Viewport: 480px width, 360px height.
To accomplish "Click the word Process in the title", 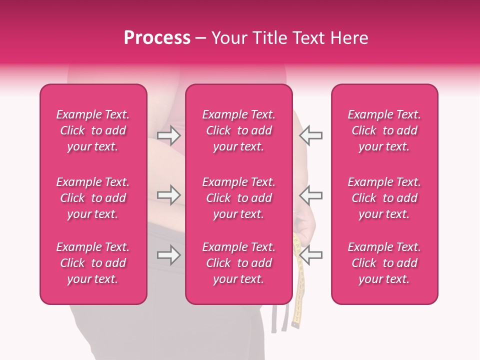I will coord(157,38).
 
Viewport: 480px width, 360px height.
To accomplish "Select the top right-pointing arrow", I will coord(169,135).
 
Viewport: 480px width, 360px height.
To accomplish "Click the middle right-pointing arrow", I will coord(169,194).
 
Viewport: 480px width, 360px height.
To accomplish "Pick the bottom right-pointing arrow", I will coord(169,255).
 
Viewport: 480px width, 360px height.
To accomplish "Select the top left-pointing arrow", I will coord(310,135).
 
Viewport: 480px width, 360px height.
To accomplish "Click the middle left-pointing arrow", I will coord(310,194).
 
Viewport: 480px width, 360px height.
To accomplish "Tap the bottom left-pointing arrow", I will coord(310,255).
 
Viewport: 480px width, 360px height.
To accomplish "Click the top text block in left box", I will coord(93,130).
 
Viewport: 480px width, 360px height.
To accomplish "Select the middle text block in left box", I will coord(93,198).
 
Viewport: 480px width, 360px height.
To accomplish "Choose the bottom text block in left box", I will coord(93,263).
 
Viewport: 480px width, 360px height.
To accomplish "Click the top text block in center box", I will coord(239,130).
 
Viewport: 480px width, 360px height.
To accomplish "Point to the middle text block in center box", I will coord(239,198).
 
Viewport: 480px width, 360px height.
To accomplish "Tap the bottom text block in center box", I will coord(239,263).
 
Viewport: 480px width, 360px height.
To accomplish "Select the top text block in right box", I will coord(384,130).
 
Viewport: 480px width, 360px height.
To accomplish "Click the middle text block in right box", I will coord(384,198).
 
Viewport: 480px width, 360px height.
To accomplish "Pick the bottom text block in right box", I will coord(384,263).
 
